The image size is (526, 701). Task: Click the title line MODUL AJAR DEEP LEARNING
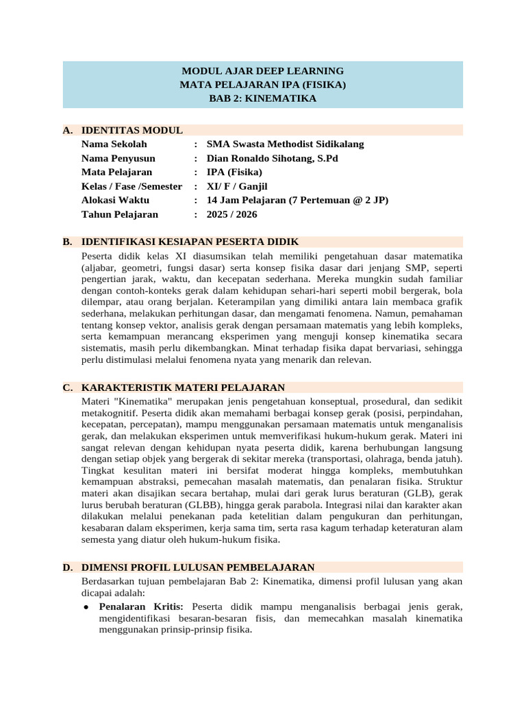coord(262,71)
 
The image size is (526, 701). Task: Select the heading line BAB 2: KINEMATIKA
coord(262,99)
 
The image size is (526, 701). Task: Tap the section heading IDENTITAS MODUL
coord(131,130)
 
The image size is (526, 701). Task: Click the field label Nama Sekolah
coord(114,144)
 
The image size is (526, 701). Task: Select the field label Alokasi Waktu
coord(115,201)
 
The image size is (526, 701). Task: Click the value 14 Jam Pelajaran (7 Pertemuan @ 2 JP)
coord(292,201)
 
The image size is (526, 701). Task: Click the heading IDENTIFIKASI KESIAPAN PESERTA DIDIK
coord(190,242)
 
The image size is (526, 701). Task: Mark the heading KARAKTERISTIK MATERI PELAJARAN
coord(183,387)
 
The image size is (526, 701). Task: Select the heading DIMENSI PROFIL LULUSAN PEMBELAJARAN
coord(198,568)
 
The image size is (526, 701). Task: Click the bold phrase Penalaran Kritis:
coord(141,607)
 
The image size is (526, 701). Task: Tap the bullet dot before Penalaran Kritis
coord(86,607)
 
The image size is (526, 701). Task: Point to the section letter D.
coord(67,568)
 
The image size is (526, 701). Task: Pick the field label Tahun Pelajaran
coord(119,214)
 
